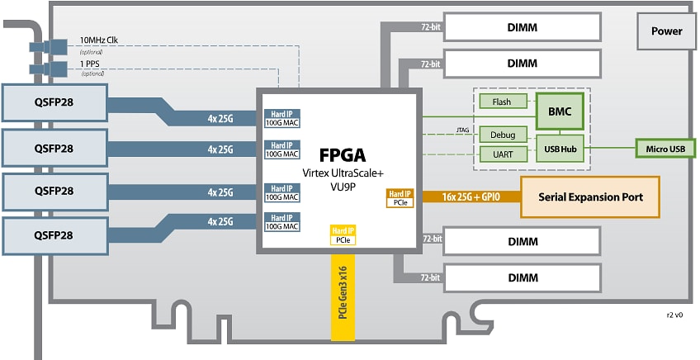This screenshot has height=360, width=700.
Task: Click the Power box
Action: pyautogui.click(x=666, y=31)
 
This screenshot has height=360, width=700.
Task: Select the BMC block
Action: pyautogui.click(x=559, y=108)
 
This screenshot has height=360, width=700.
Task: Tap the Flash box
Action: pyautogui.click(x=501, y=102)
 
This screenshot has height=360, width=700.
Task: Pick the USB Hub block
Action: pyautogui.click(x=559, y=149)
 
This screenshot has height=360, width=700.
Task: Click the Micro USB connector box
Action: pyautogui.click(x=665, y=149)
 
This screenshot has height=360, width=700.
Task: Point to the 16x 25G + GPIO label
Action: pyautogui.click(x=471, y=197)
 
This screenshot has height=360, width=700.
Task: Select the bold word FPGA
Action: pyautogui.click(x=342, y=154)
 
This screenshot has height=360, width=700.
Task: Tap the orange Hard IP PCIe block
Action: pyautogui.click(x=400, y=197)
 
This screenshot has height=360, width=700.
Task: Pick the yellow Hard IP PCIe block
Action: pyautogui.click(x=342, y=235)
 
